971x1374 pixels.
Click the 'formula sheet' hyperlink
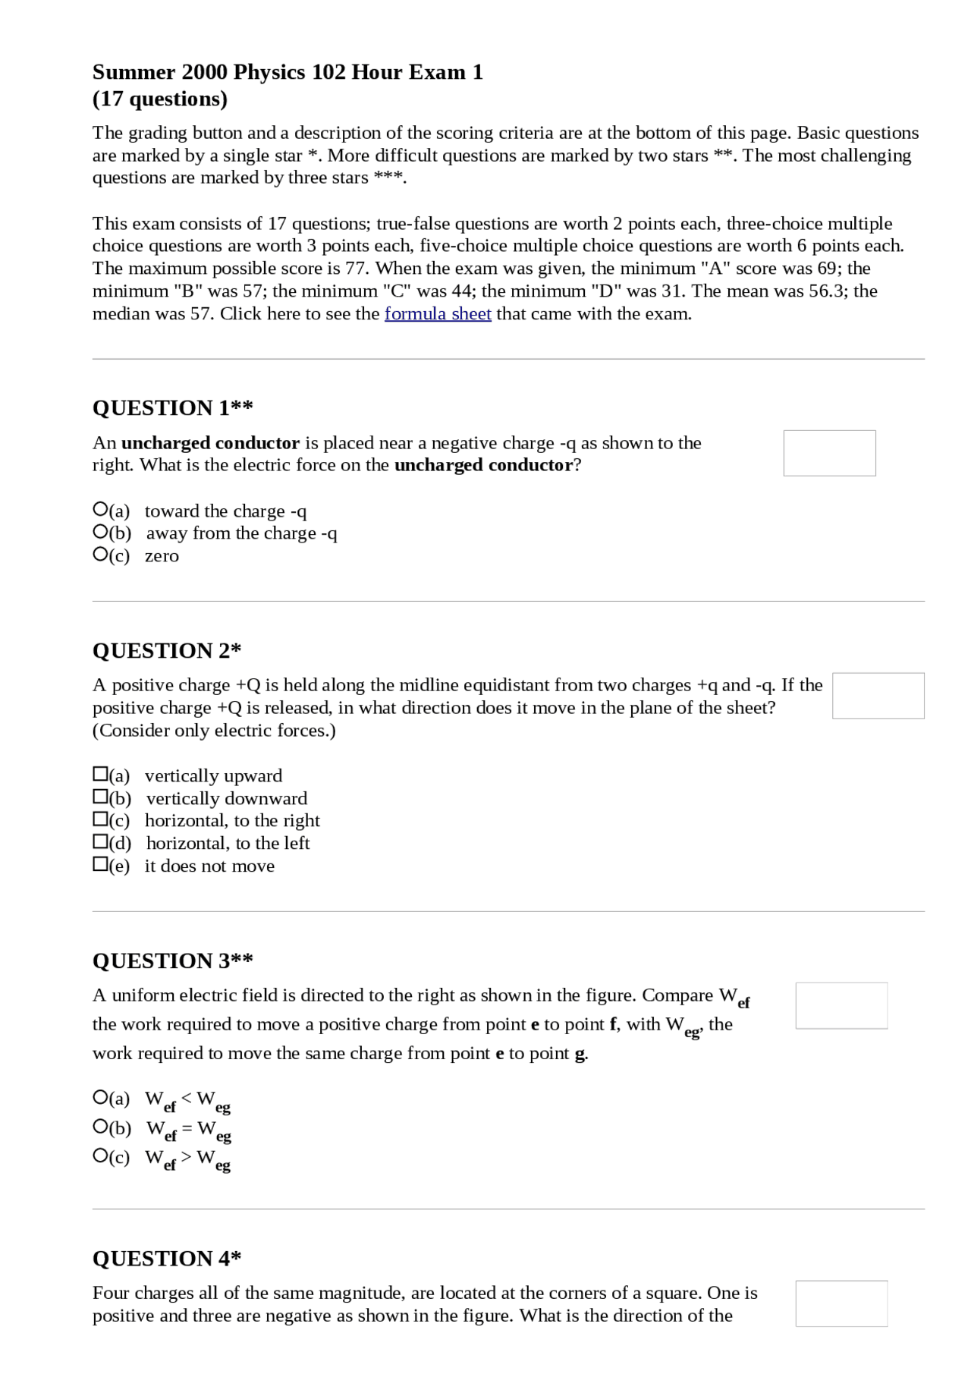[438, 314]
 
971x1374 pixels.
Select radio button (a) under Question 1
[99, 509]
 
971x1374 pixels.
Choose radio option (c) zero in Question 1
[99, 555]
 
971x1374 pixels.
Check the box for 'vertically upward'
[99, 774]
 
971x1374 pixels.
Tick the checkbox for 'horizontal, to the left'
[99, 841]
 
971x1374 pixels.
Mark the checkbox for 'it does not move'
[99, 864]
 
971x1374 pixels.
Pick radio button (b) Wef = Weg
[99, 1127]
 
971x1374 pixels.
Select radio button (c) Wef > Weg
[99, 1156]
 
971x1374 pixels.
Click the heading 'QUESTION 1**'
[172, 408]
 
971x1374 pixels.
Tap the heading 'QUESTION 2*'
[167, 651]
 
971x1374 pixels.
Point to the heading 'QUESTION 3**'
[172, 961]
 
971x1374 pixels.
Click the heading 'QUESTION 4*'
[167, 1259]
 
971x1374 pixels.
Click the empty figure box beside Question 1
[829, 453]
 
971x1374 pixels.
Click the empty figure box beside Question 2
[878, 696]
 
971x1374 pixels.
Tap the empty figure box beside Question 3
[841, 1006]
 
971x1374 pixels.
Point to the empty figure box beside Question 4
[841, 1303]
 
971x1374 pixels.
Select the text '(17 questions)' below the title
[160, 99]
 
